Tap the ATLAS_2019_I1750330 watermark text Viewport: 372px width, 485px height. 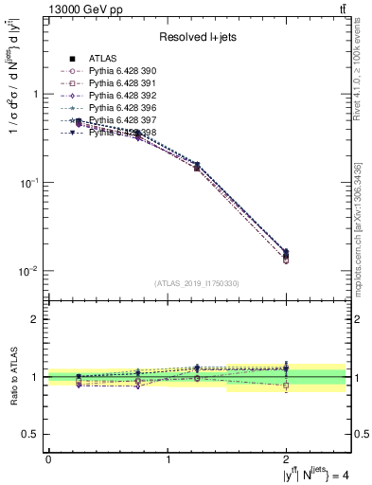pos(197,283)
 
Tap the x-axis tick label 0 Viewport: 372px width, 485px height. pos(48,459)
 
